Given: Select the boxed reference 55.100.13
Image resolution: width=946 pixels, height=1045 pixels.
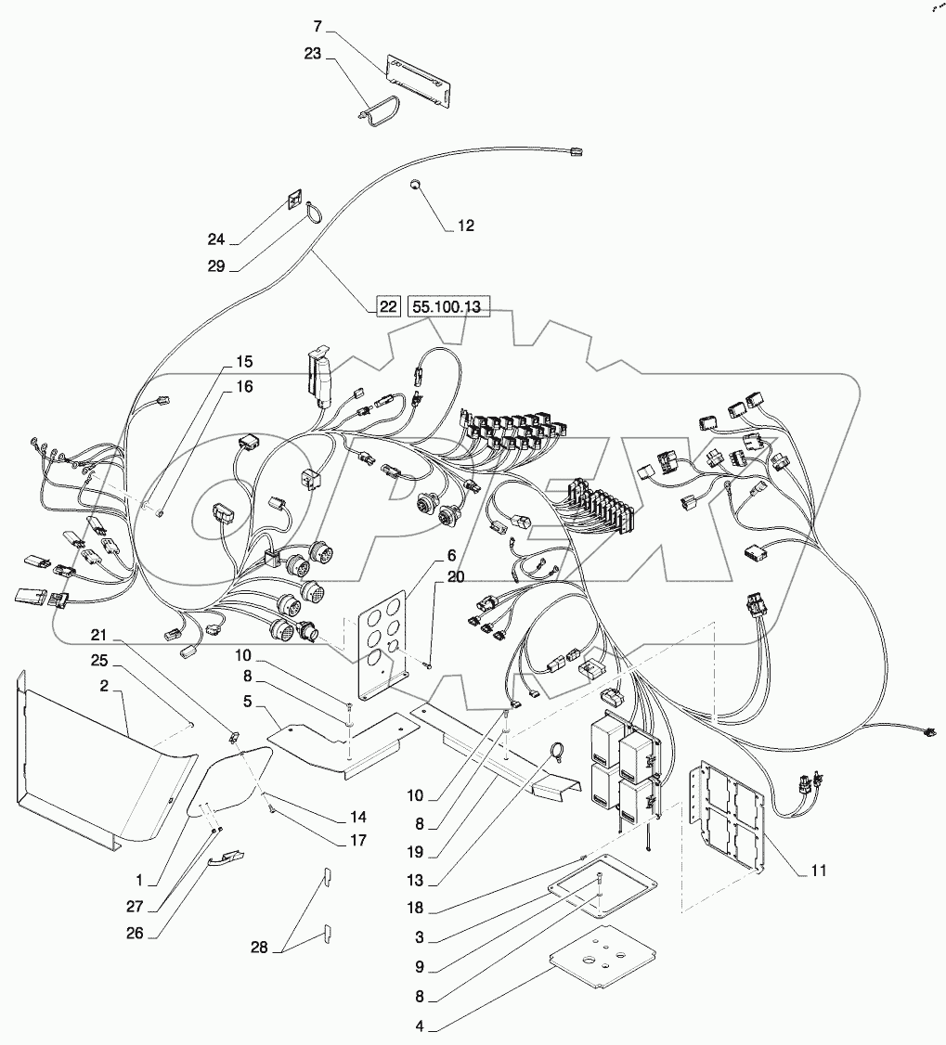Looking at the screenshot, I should pos(447,306).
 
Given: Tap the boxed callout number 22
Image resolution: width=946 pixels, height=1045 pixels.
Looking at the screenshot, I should pos(388,306).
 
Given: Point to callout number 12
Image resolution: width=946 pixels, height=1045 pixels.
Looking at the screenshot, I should pos(465,226).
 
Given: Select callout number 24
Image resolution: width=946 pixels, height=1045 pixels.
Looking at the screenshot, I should pos(217,239).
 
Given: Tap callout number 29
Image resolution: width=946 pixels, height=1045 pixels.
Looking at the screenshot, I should pos(217,265).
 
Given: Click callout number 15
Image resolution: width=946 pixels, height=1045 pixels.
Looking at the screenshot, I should pos(244,361).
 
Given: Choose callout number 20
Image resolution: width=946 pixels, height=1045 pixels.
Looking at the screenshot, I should pos(455,576).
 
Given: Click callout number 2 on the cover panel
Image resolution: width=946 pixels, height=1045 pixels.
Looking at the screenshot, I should pos(106,688).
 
